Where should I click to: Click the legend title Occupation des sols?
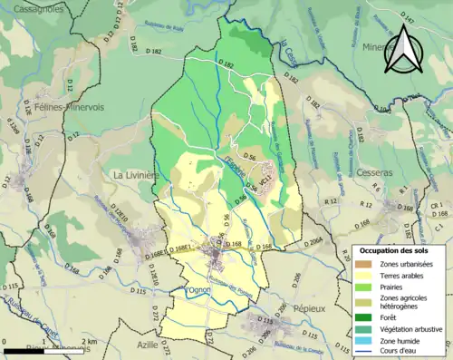pos(395,249)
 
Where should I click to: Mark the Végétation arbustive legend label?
pos(410,327)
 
